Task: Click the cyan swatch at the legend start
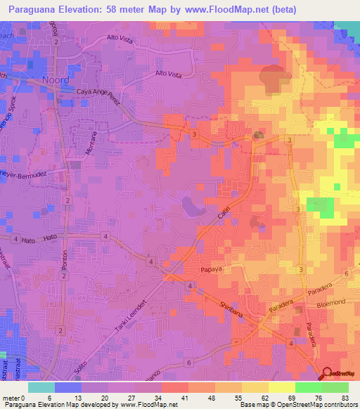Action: (x=41, y=387)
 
